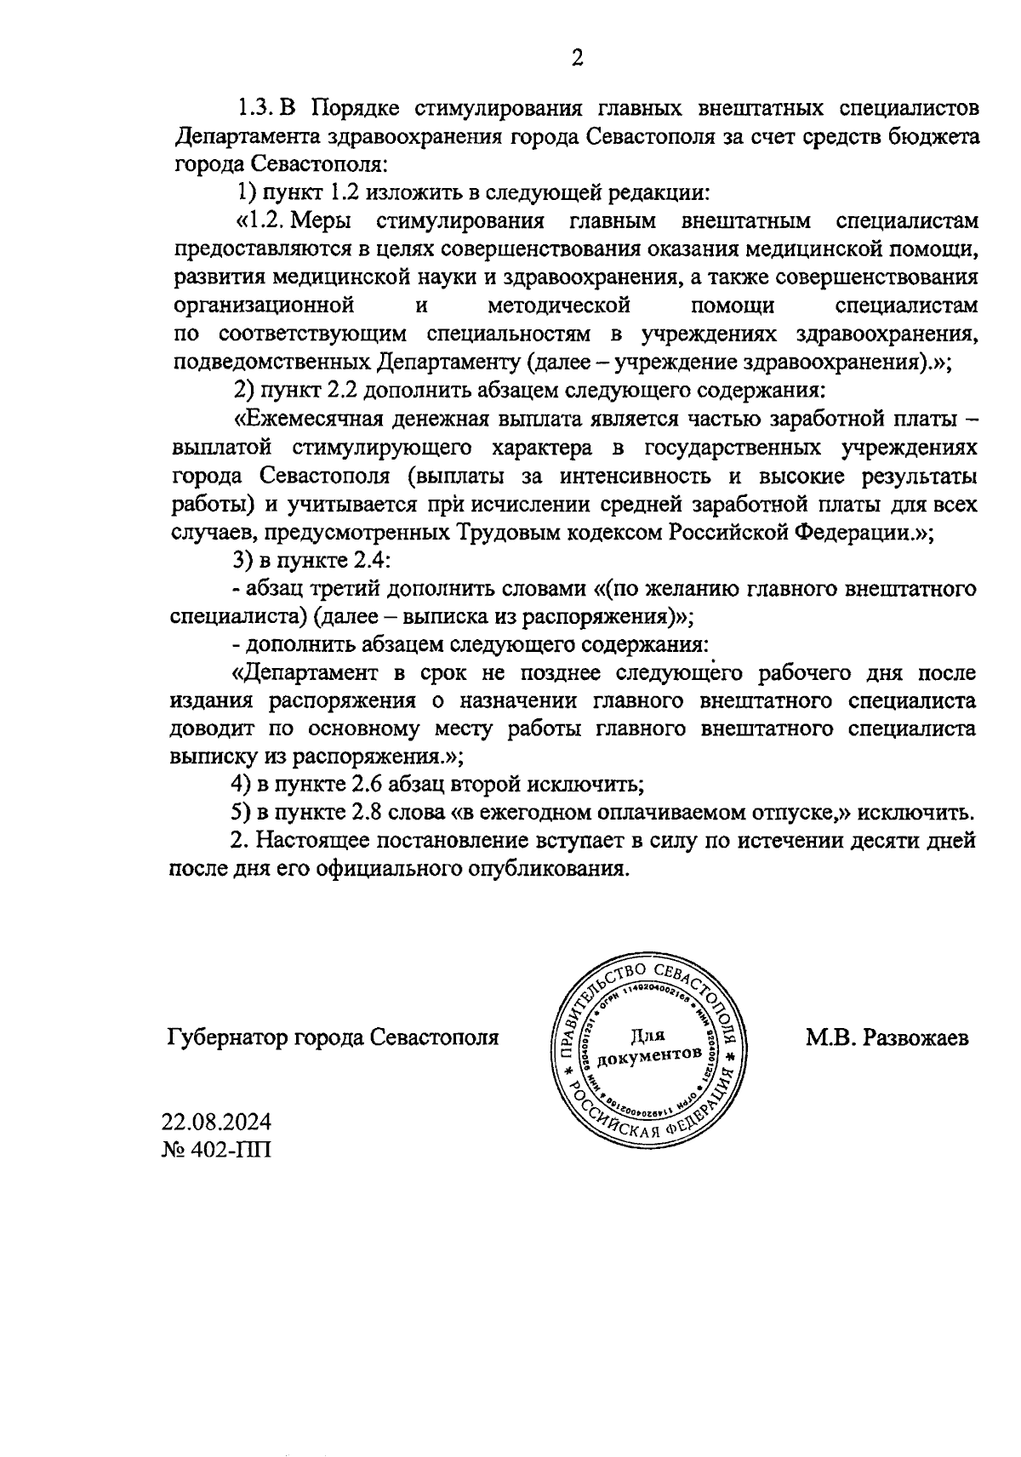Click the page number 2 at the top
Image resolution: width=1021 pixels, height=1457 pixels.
(x=576, y=59)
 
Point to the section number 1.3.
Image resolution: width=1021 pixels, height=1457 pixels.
(x=254, y=108)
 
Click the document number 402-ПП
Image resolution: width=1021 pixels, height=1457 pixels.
(x=229, y=1150)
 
